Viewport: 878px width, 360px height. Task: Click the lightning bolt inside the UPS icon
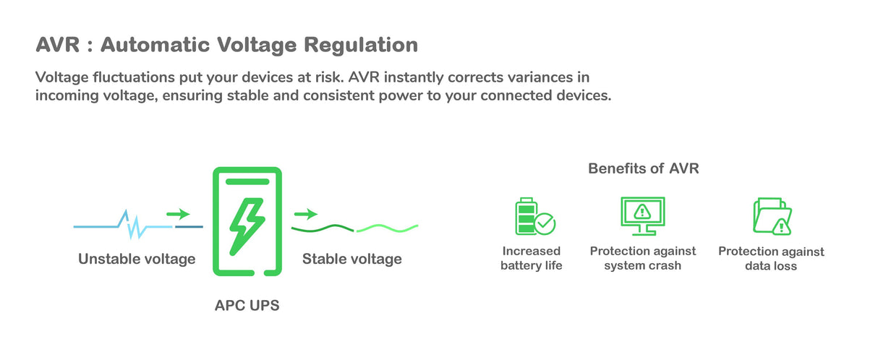point(247,225)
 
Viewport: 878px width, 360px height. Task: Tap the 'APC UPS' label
point(247,306)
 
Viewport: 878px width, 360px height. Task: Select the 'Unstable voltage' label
point(137,259)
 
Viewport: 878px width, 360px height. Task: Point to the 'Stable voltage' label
point(351,259)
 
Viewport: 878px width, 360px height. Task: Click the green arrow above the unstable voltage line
point(178,214)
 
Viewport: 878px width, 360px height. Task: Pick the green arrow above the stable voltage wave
point(306,214)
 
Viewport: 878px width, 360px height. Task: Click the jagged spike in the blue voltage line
point(132,225)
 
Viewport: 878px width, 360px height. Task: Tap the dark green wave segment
point(323,228)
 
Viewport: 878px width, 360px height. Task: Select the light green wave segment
point(387,228)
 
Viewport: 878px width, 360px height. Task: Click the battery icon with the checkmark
point(534,216)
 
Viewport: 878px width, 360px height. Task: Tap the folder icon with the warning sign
point(772,216)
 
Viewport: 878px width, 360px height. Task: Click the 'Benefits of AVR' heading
point(643,168)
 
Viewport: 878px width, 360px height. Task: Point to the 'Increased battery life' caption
point(531,258)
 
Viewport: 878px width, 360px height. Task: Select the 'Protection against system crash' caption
point(642,258)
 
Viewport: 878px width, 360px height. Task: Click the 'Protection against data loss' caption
point(771,259)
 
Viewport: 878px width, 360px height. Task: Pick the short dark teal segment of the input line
point(189,227)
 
